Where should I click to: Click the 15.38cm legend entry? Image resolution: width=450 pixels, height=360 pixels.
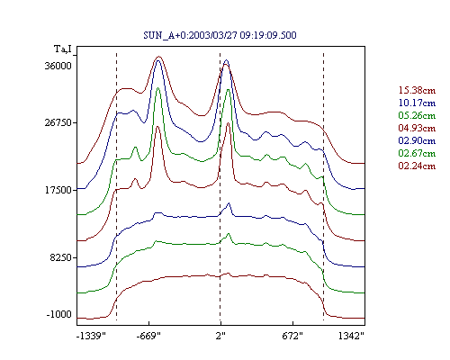click(x=417, y=90)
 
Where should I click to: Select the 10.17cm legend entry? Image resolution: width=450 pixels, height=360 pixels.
click(x=417, y=103)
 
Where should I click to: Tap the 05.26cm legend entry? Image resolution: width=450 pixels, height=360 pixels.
click(x=417, y=115)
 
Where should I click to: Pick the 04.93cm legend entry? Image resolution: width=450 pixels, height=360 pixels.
click(x=417, y=128)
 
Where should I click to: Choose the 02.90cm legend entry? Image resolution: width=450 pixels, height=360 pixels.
click(x=417, y=140)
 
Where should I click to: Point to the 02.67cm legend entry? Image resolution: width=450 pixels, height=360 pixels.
click(x=417, y=153)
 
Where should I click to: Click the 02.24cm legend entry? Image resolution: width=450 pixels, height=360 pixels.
click(x=417, y=166)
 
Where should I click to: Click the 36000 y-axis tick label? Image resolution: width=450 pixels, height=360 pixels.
click(x=58, y=66)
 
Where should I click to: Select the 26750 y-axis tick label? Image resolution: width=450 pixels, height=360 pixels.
click(x=58, y=122)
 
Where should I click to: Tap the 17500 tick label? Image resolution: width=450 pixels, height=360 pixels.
click(x=58, y=190)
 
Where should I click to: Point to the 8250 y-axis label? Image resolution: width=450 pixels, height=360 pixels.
click(x=61, y=257)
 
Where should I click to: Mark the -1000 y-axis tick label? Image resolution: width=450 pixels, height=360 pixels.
click(x=59, y=314)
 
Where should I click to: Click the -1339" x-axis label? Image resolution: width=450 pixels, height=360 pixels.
click(x=91, y=336)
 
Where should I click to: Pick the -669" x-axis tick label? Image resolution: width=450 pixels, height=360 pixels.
click(x=148, y=336)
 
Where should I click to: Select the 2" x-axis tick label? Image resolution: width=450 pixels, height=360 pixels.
click(x=220, y=336)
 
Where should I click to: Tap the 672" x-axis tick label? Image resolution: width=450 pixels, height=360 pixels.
click(x=292, y=336)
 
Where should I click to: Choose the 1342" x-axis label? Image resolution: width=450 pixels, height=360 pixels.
click(x=351, y=336)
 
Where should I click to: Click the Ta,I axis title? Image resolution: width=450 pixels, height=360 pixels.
click(x=63, y=49)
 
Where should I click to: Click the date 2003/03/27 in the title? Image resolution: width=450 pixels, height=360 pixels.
click(x=212, y=35)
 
